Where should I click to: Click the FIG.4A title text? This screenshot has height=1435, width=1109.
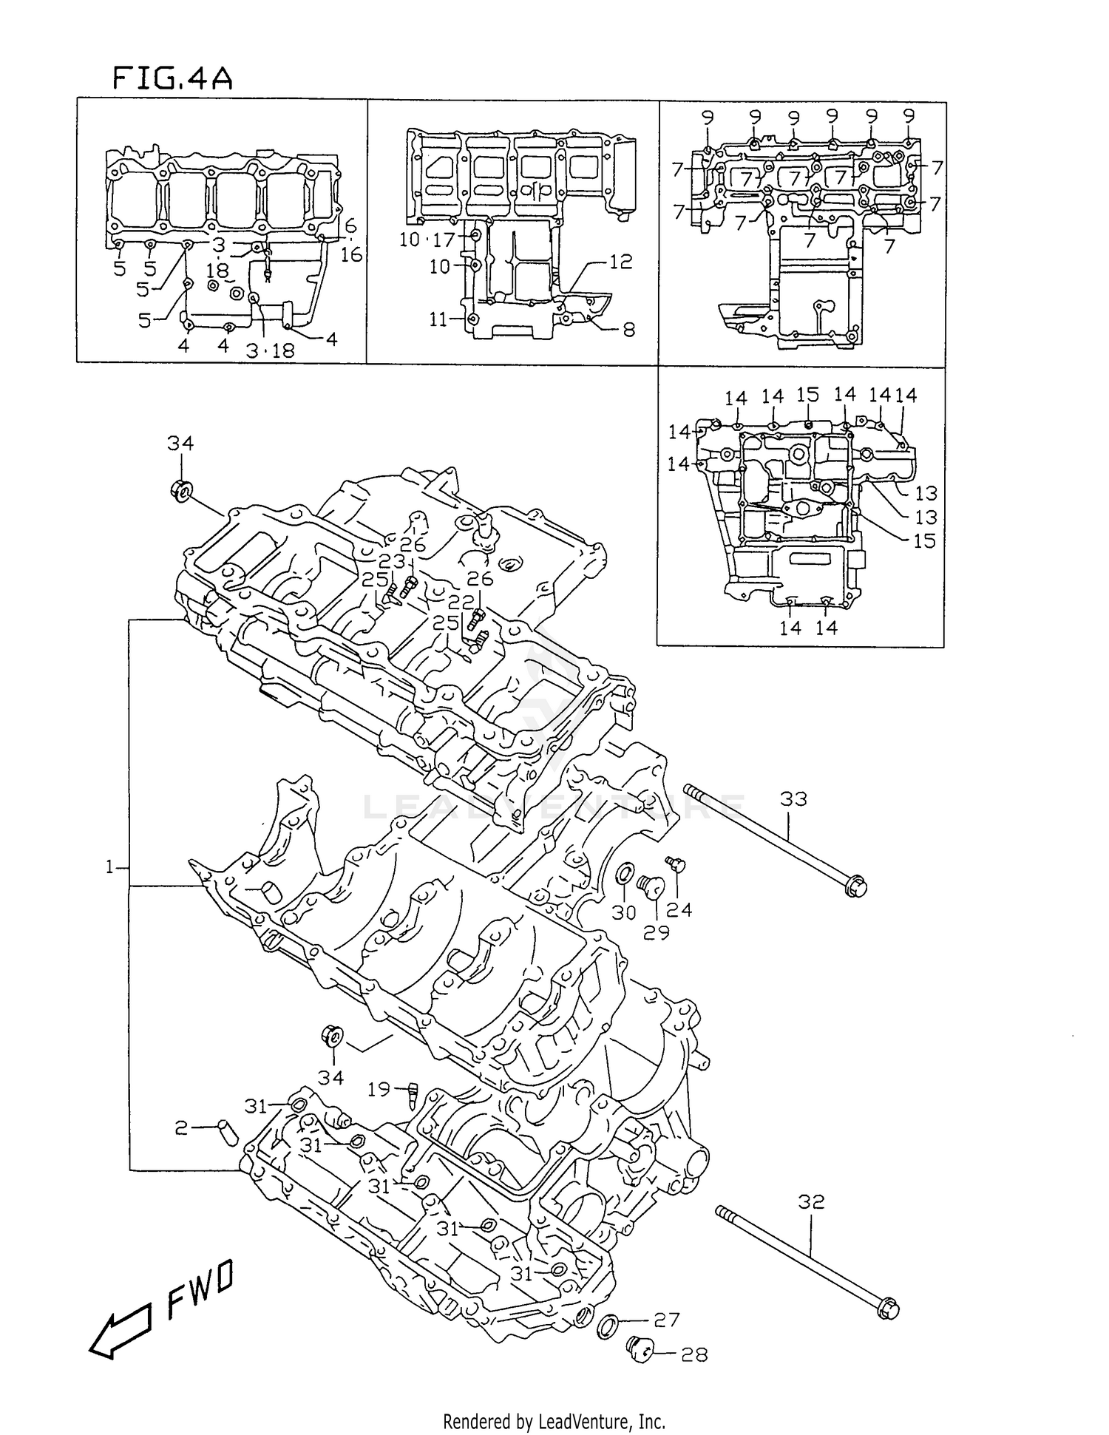(172, 78)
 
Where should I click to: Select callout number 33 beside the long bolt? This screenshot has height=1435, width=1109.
(793, 798)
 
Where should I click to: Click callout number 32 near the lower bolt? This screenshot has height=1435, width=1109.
(810, 1202)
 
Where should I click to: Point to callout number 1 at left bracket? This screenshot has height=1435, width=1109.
(110, 866)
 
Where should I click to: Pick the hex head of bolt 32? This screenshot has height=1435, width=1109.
(889, 1307)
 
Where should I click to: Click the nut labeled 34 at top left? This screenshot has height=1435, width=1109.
(180, 490)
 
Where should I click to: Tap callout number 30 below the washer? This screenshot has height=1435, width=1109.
(623, 912)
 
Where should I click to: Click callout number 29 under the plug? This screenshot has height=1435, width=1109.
(656, 932)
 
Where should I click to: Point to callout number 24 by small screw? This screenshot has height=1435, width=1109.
(679, 909)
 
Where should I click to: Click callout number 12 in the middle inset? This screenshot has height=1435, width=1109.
(621, 262)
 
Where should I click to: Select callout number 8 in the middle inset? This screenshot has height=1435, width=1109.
(628, 330)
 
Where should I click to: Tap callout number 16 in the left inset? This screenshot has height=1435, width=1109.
(351, 254)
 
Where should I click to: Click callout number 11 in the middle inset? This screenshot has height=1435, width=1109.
(438, 319)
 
